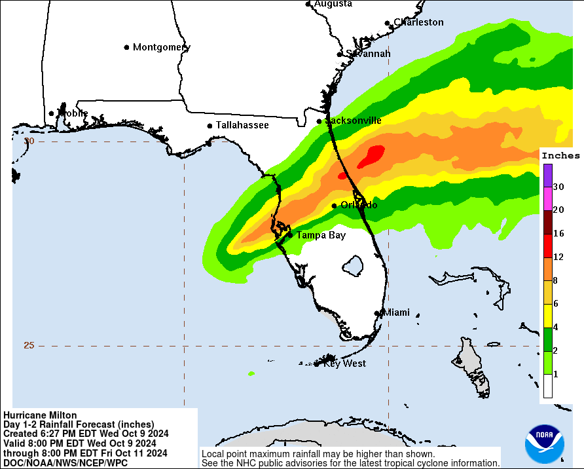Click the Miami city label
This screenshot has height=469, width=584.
396,312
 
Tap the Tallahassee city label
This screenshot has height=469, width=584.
242,125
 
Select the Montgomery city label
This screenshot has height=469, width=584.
161,47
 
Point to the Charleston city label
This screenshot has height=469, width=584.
418,22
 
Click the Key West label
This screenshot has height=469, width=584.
344,363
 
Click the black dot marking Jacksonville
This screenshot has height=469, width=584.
319,121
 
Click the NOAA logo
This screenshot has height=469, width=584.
544,444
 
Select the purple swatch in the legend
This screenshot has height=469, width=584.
547,175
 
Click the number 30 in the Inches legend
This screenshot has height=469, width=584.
558,187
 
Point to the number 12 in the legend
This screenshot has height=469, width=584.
558,257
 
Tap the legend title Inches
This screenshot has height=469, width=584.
561,155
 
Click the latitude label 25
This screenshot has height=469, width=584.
29,345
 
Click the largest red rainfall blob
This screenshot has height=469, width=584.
374,154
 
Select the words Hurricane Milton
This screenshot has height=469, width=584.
40,415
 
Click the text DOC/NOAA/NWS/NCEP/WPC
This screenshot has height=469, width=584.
65,462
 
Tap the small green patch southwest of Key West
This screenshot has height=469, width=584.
251,373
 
